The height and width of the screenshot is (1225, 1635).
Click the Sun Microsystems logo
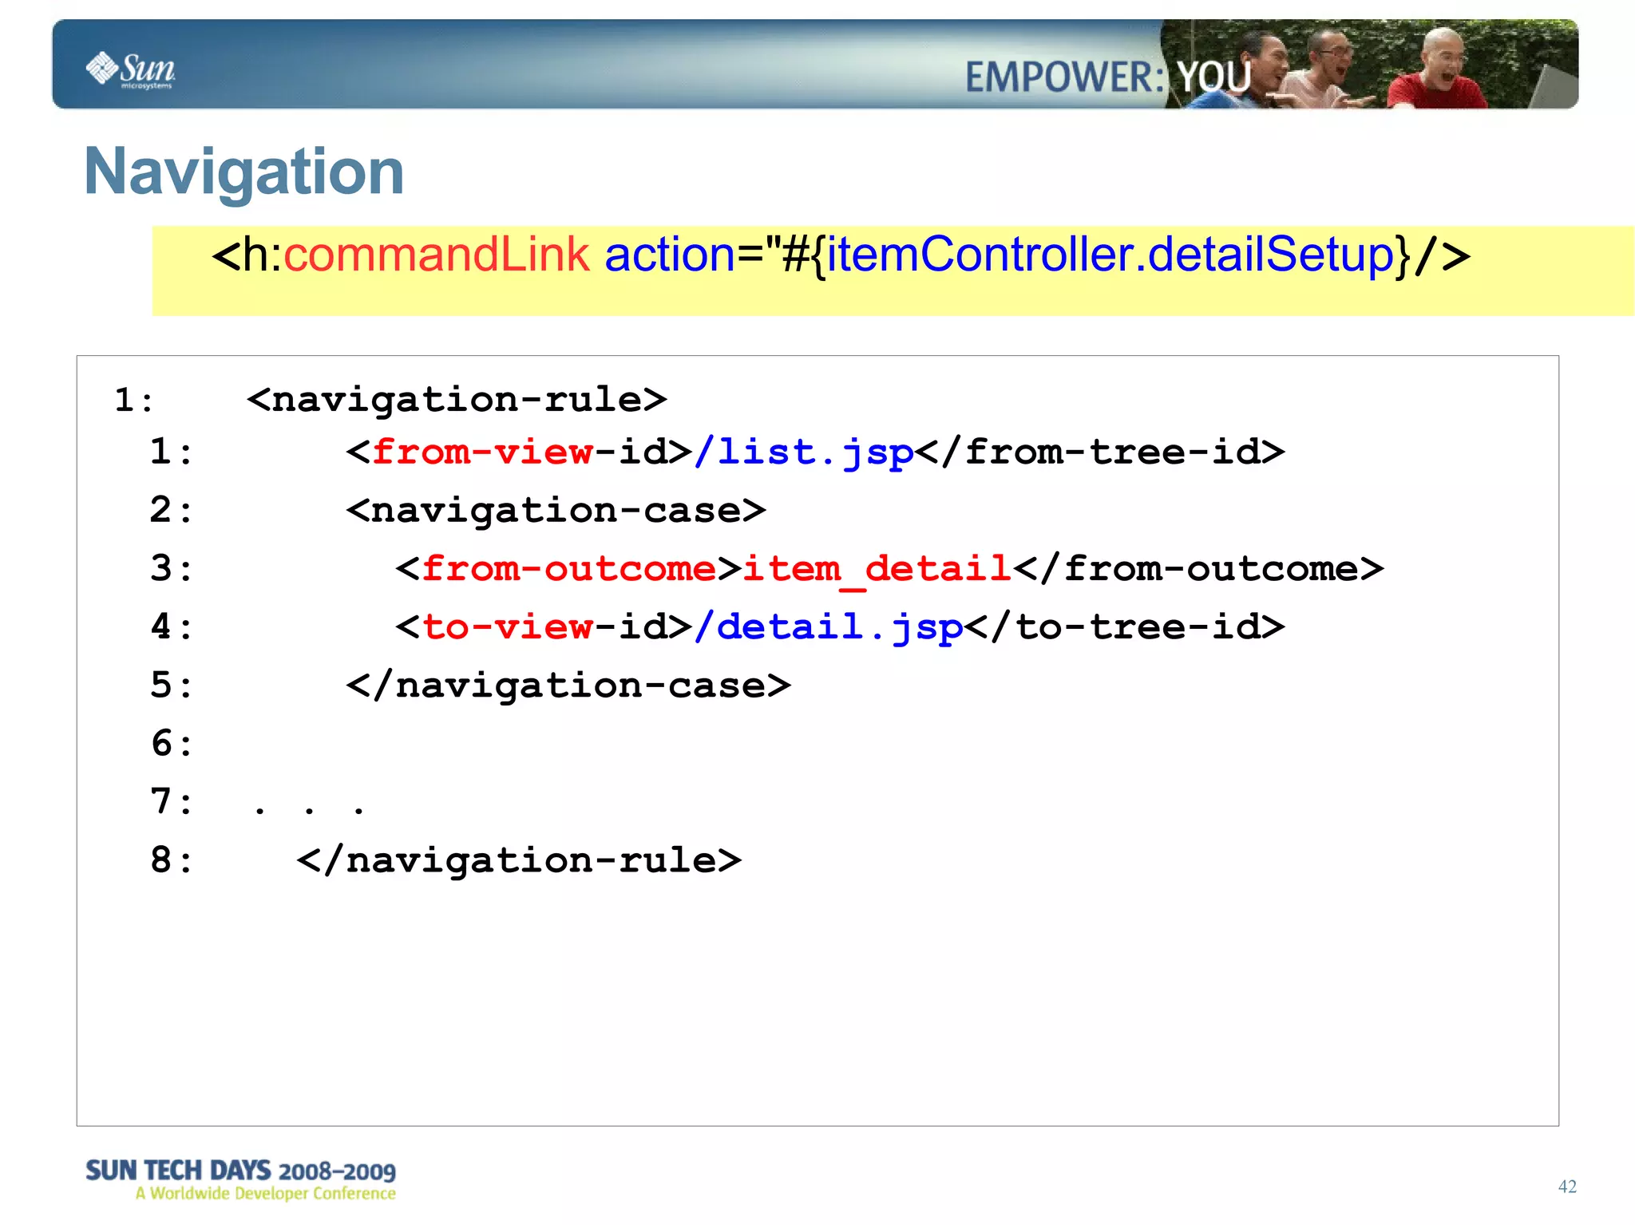[x=130, y=70]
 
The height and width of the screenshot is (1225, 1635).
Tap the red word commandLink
[x=436, y=255]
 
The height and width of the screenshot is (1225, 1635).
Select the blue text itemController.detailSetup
[x=1110, y=255]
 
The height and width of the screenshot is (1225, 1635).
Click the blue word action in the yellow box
[x=669, y=255]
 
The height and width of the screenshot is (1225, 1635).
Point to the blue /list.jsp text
[x=804, y=452]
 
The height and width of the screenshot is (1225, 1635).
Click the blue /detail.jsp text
[x=828, y=627]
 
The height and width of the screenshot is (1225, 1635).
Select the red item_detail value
[x=877, y=569]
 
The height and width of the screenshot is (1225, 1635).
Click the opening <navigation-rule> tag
[x=457, y=400]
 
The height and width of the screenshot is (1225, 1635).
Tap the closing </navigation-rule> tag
[x=519, y=860]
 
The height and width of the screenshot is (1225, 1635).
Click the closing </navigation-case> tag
[x=568, y=686]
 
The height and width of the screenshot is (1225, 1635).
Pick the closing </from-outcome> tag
[x=1198, y=569]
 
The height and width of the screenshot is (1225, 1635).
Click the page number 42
[x=1567, y=1187]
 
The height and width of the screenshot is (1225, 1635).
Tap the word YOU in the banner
[x=1214, y=78]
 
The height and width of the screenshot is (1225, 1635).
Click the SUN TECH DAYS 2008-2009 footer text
[x=240, y=1171]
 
